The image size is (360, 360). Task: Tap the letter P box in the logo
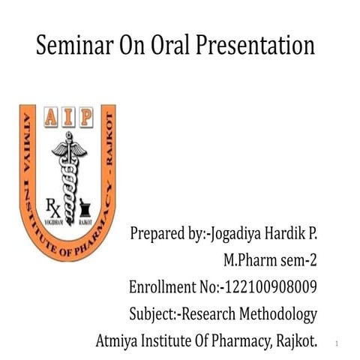(85, 118)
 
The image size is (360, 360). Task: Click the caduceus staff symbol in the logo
(68, 168)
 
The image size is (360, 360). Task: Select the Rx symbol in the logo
(49, 205)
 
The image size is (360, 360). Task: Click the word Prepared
(157, 235)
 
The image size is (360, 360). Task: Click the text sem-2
(298, 261)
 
